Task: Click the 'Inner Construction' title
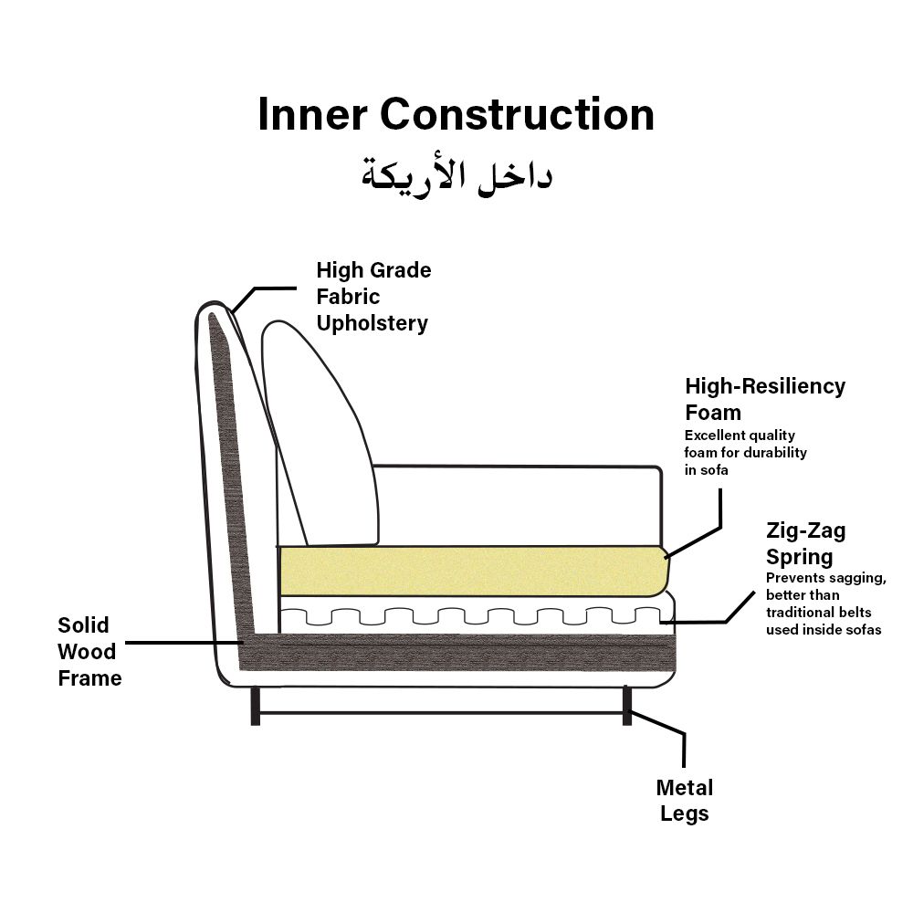(456, 116)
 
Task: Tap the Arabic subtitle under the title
(456, 174)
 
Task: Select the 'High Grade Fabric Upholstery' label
(373, 297)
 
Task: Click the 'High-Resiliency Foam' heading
(764, 399)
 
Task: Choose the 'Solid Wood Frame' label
(89, 651)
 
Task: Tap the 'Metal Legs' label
(685, 800)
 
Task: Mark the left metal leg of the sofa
(256, 706)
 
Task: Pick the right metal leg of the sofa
(627, 706)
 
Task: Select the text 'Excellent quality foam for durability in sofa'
(745, 452)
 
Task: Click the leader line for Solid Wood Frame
(183, 642)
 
